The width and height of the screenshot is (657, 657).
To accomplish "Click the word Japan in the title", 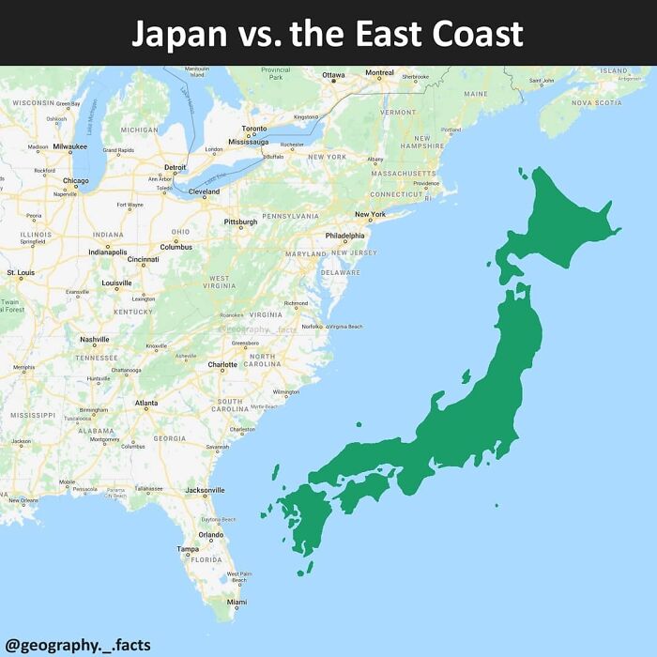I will click(178, 34).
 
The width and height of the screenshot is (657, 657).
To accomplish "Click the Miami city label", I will click(237, 603).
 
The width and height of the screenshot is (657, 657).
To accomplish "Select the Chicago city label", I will click(76, 181).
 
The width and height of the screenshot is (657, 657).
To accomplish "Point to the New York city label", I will click(370, 215).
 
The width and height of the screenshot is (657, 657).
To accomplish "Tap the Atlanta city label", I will click(146, 403).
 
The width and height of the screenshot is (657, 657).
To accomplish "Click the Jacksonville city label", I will click(205, 490).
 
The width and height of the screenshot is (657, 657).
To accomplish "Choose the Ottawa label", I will click(333, 75).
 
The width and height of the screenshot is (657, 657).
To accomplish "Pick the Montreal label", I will click(379, 73).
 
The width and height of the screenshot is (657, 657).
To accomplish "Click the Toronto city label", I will click(254, 129).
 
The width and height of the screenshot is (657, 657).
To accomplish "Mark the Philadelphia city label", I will click(345, 236).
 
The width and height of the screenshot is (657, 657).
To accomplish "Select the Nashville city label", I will click(95, 339).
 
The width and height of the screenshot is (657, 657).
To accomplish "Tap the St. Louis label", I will click(21, 272).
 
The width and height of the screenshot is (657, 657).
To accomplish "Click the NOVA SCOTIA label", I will click(596, 102).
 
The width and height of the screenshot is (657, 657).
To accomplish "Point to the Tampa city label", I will click(188, 548).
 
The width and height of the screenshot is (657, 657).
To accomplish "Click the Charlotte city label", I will click(222, 364).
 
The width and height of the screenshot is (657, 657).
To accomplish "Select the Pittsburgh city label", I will click(240, 222).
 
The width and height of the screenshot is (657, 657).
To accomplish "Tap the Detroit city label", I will click(176, 167).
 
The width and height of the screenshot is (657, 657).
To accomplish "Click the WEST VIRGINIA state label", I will click(219, 282).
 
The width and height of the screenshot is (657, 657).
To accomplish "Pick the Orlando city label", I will click(210, 535).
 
